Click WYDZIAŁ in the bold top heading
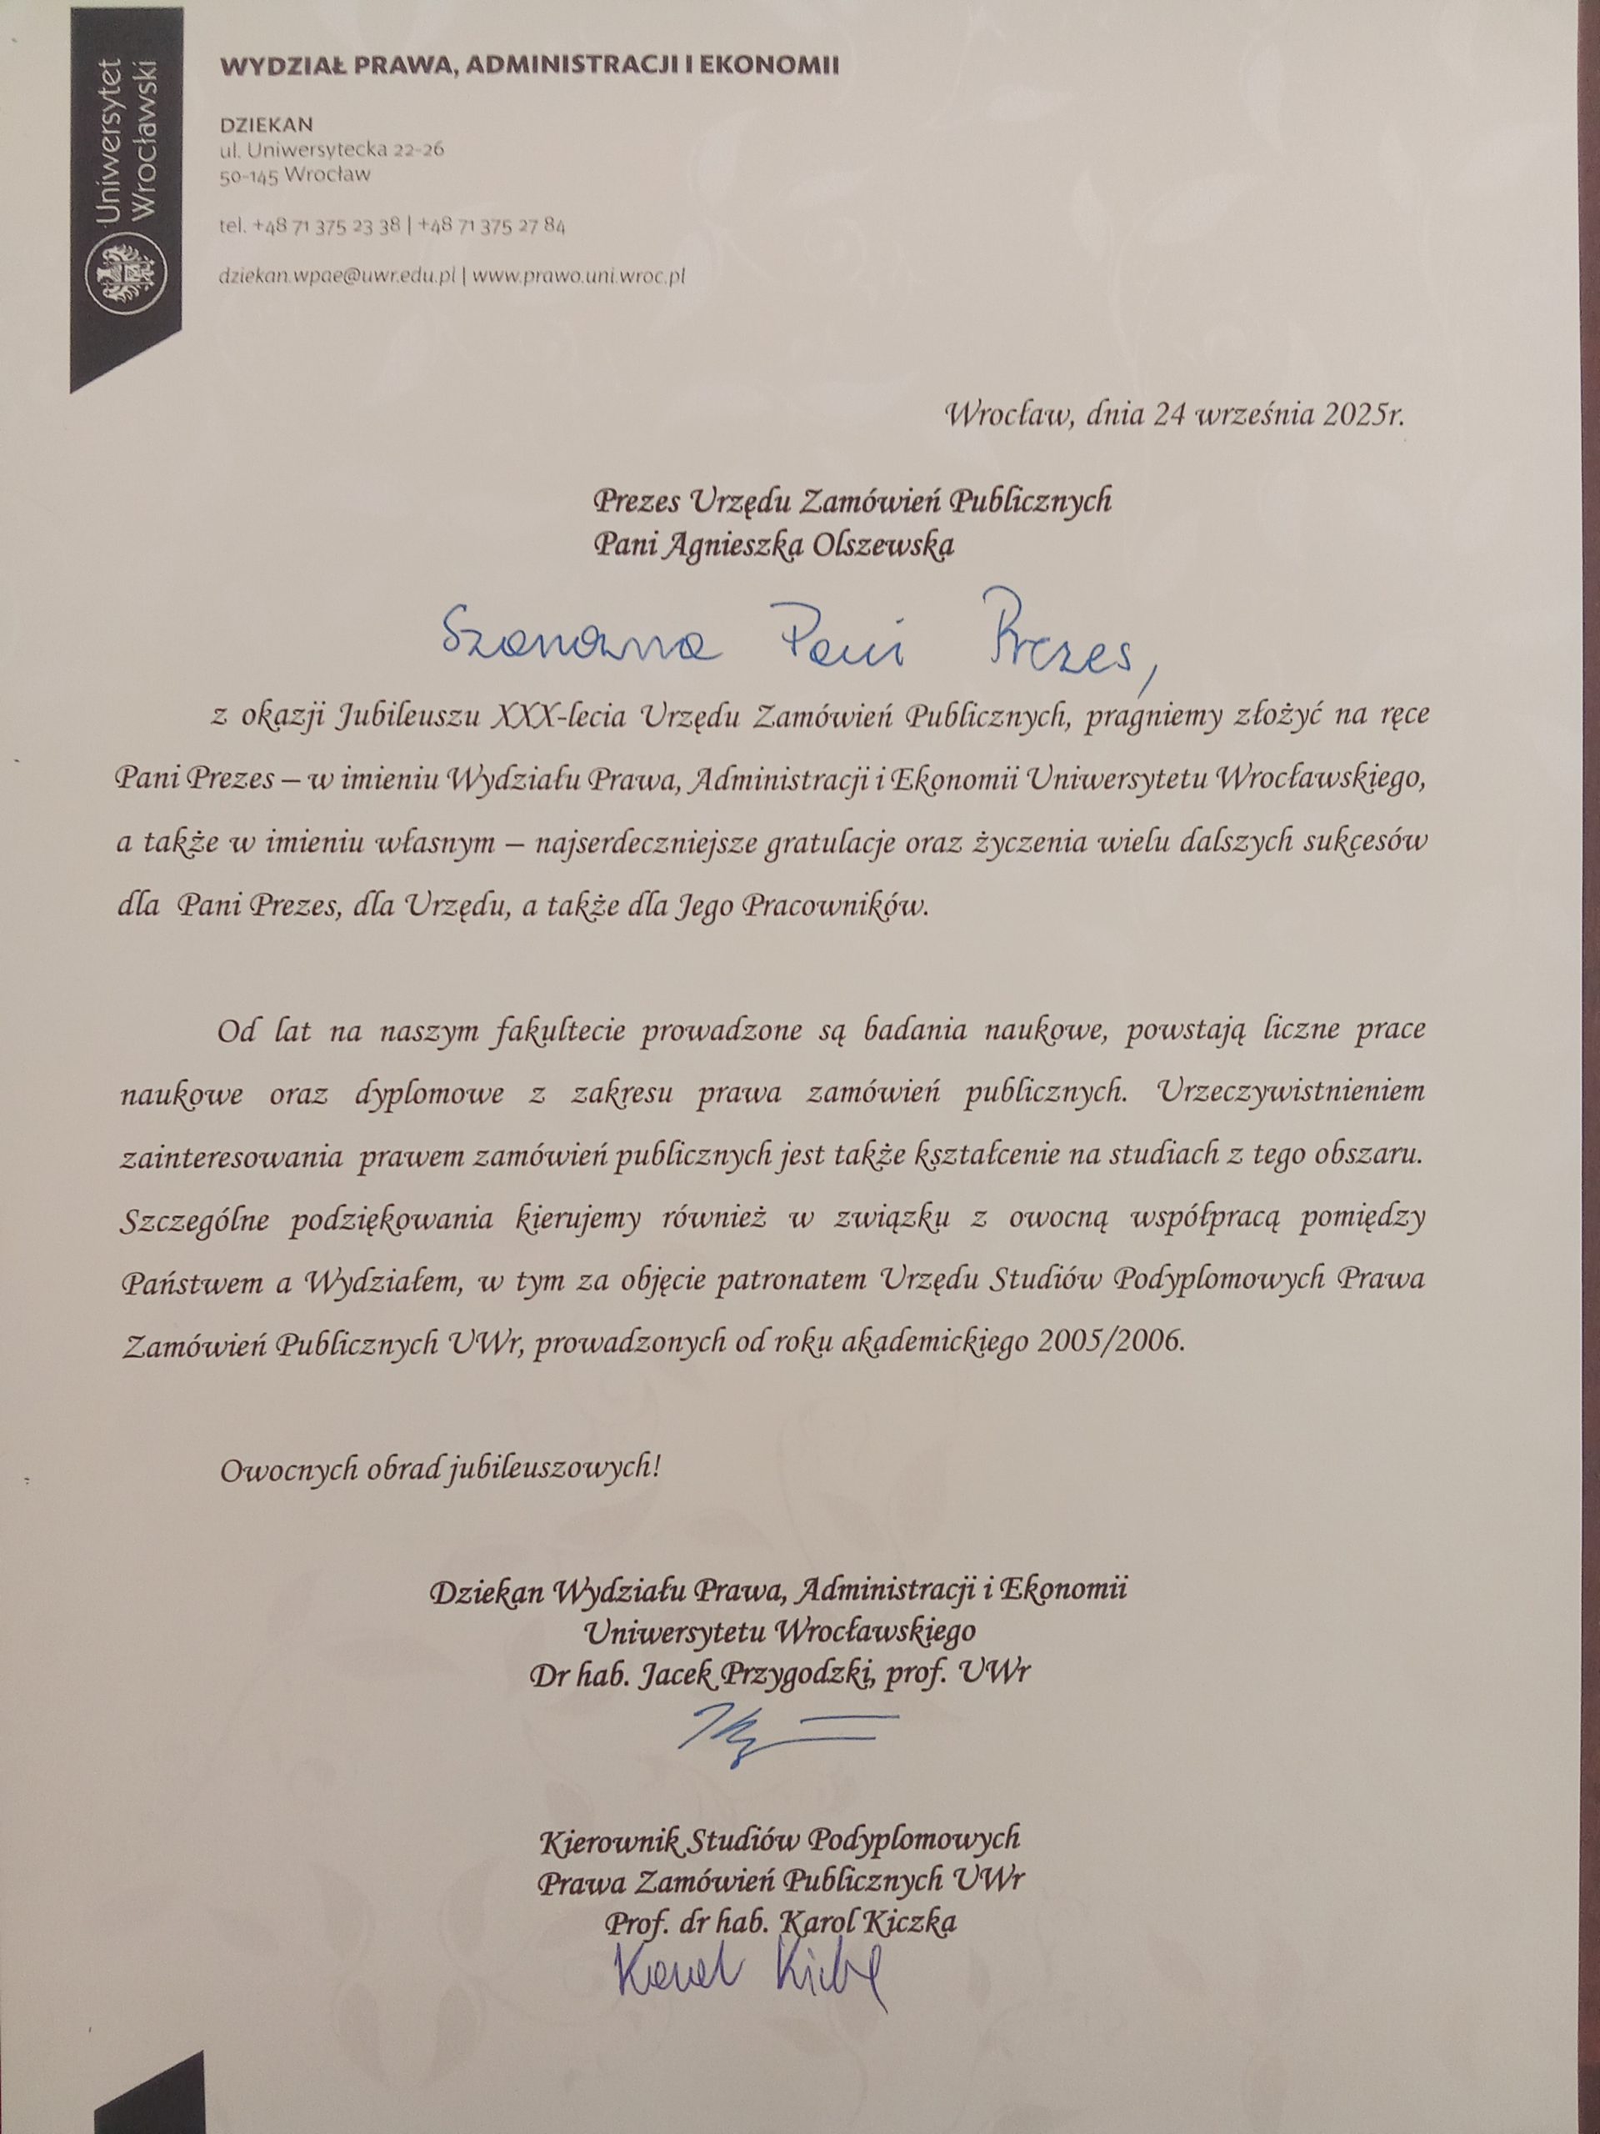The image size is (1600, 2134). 275,67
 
